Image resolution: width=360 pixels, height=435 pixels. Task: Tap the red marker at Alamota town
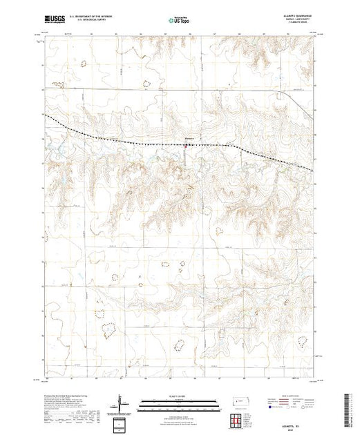click(x=187, y=145)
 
